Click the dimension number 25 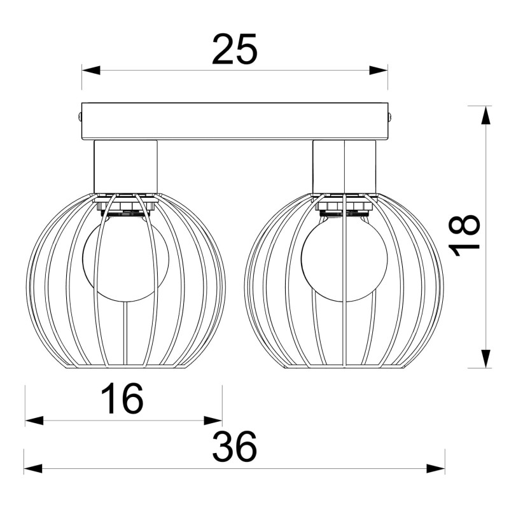point(234,50)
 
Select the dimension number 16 point(123,400)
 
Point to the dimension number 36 point(234,447)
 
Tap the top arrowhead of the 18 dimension point(485,116)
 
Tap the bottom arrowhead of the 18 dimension point(485,359)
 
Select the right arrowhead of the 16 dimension point(213,421)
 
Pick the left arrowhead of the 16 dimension point(34,421)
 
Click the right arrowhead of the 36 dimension point(436,469)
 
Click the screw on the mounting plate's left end point(80,116)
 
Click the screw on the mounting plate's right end point(389,116)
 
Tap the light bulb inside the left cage point(125,258)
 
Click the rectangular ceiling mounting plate point(234,121)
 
